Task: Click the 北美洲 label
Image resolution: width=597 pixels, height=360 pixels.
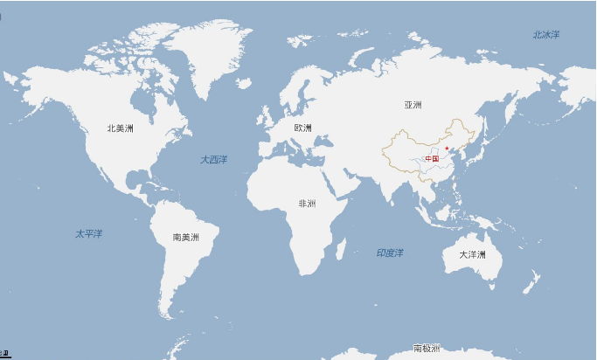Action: click(x=120, y=128)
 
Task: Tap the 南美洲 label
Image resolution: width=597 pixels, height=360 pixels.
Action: click(x=185, y=237)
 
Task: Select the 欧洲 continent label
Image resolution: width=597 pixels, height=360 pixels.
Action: click(x=302, y=128)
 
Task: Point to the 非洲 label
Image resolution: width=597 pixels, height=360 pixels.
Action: click(x=307, y=204)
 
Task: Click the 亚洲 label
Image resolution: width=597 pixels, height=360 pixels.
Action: click(x=413, y=105)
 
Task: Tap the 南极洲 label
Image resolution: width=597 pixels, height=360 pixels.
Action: click(x=427, y=349)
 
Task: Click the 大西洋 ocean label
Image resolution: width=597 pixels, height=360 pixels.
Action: click(x=213, y=159)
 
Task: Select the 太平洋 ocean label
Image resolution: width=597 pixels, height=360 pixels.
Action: click(x=88, y=234)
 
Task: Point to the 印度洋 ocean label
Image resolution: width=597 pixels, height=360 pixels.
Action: click(x=390, y=253)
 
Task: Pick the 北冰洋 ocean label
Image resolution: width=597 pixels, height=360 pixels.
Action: click(x=545, y=34)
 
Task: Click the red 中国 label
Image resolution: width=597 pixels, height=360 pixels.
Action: click(x=432, y=159)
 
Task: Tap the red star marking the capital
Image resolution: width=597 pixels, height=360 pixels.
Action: click(x=447, y=149)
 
